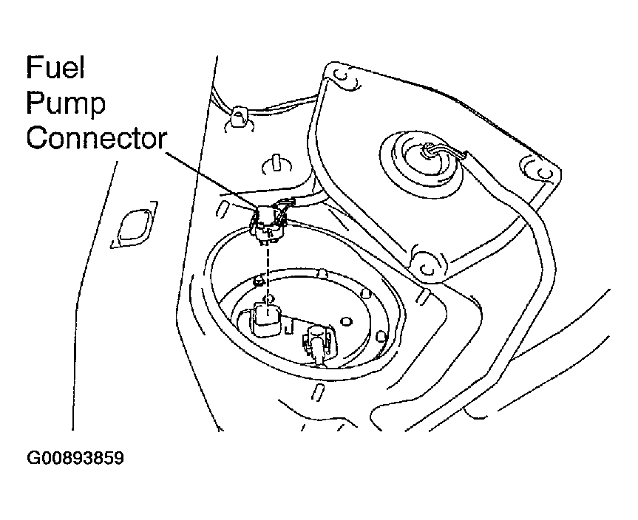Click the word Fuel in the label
(x=57, y=69)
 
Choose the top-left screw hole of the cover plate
(x=339, y=75)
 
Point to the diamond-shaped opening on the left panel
(x=133, y=227)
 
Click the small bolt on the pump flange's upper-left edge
(x=258, y=281)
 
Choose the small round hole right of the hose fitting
(x=345, y=321)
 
